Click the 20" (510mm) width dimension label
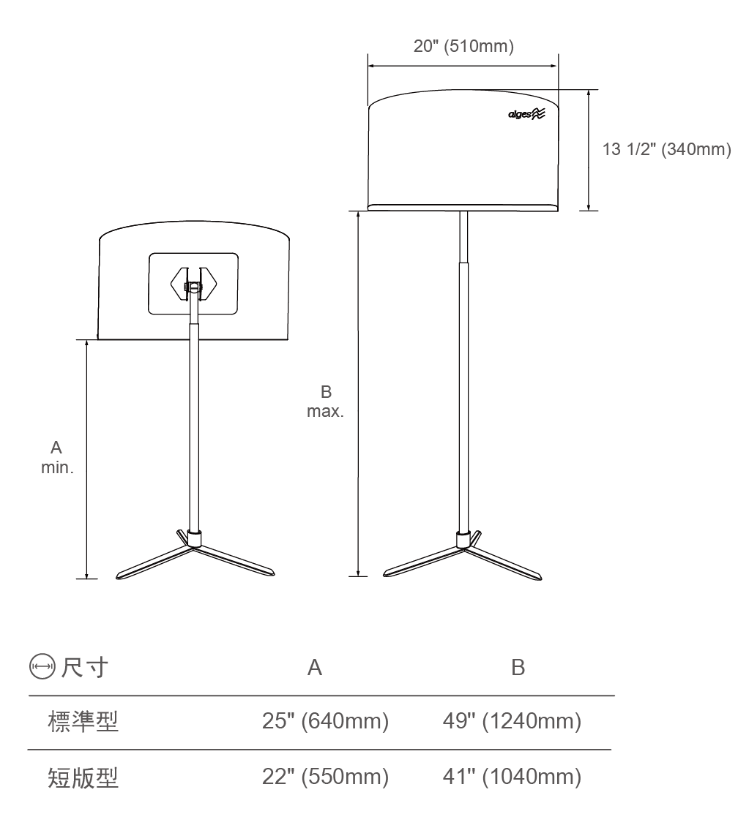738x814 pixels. (x=463, y=46)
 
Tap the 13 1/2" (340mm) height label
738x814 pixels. (x=667, y=149)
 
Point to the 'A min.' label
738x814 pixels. (x=56, y=457)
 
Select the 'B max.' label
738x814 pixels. (x=325, y=402)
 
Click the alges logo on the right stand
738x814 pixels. (x=526, y=113)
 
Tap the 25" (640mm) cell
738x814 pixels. (x=325, y=721)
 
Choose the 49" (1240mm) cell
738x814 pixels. (x=512, y=721)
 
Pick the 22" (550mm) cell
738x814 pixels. (x=325, y=777)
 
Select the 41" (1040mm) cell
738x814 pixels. (x=512, y=777)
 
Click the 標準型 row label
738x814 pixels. (x=83, y=722)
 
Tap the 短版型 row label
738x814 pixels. (x=83, y=777)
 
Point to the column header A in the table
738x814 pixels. (x=314, y=668)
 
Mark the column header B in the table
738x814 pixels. (x=518, y=668)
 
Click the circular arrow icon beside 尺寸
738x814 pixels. (x=42, y=666)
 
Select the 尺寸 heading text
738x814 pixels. (x=85, y=667)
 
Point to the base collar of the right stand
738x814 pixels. (x=463, y=540)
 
